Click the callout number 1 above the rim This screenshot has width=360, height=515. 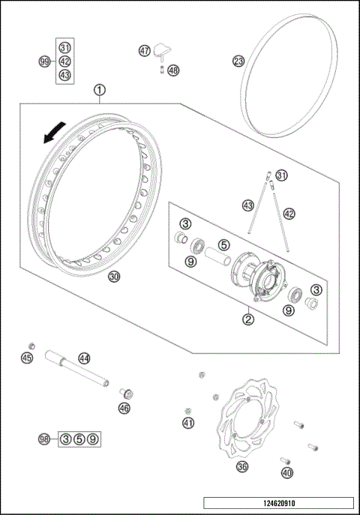[x=100, y=90]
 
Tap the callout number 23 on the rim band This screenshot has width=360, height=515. [x=238, y=61]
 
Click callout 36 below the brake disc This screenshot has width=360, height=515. [x=241, y=466]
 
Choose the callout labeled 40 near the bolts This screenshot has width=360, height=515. [x=286, y=473]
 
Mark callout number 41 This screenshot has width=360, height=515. [x=188, y=424]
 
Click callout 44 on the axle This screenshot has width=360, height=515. [x=84, y=359]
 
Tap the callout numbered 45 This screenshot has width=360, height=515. [x=27, y=358]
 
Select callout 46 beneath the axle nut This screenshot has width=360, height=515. [x=124, y=408]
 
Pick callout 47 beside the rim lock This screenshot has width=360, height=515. [x=145, y=50]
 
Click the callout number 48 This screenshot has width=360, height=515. [x=173, y=70]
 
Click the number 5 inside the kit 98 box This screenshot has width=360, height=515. [x=78, y=439]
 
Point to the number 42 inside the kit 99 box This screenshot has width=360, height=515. [x=64, y=61]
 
